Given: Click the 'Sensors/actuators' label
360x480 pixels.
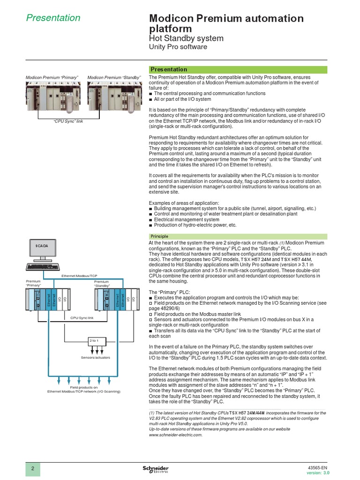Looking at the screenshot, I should pyautogui.click(x=96, y=358).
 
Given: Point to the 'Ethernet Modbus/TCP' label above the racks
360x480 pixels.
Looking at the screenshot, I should pyautogui.click(x=79, y=277).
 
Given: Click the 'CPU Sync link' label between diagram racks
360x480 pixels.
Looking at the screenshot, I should pyautogui.click(x=82, y=318).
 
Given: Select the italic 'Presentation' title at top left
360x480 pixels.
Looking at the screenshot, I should pyautogui.click(x=53, y=18).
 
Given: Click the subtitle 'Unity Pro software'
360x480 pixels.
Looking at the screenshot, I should pyautogui.click(x=178, y=47).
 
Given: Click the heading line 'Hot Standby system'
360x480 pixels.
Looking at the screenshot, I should pyautogui.click(x=186, y=38).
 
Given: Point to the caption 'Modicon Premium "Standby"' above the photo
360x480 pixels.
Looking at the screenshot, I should pyautogui.click(x=114, y=77).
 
